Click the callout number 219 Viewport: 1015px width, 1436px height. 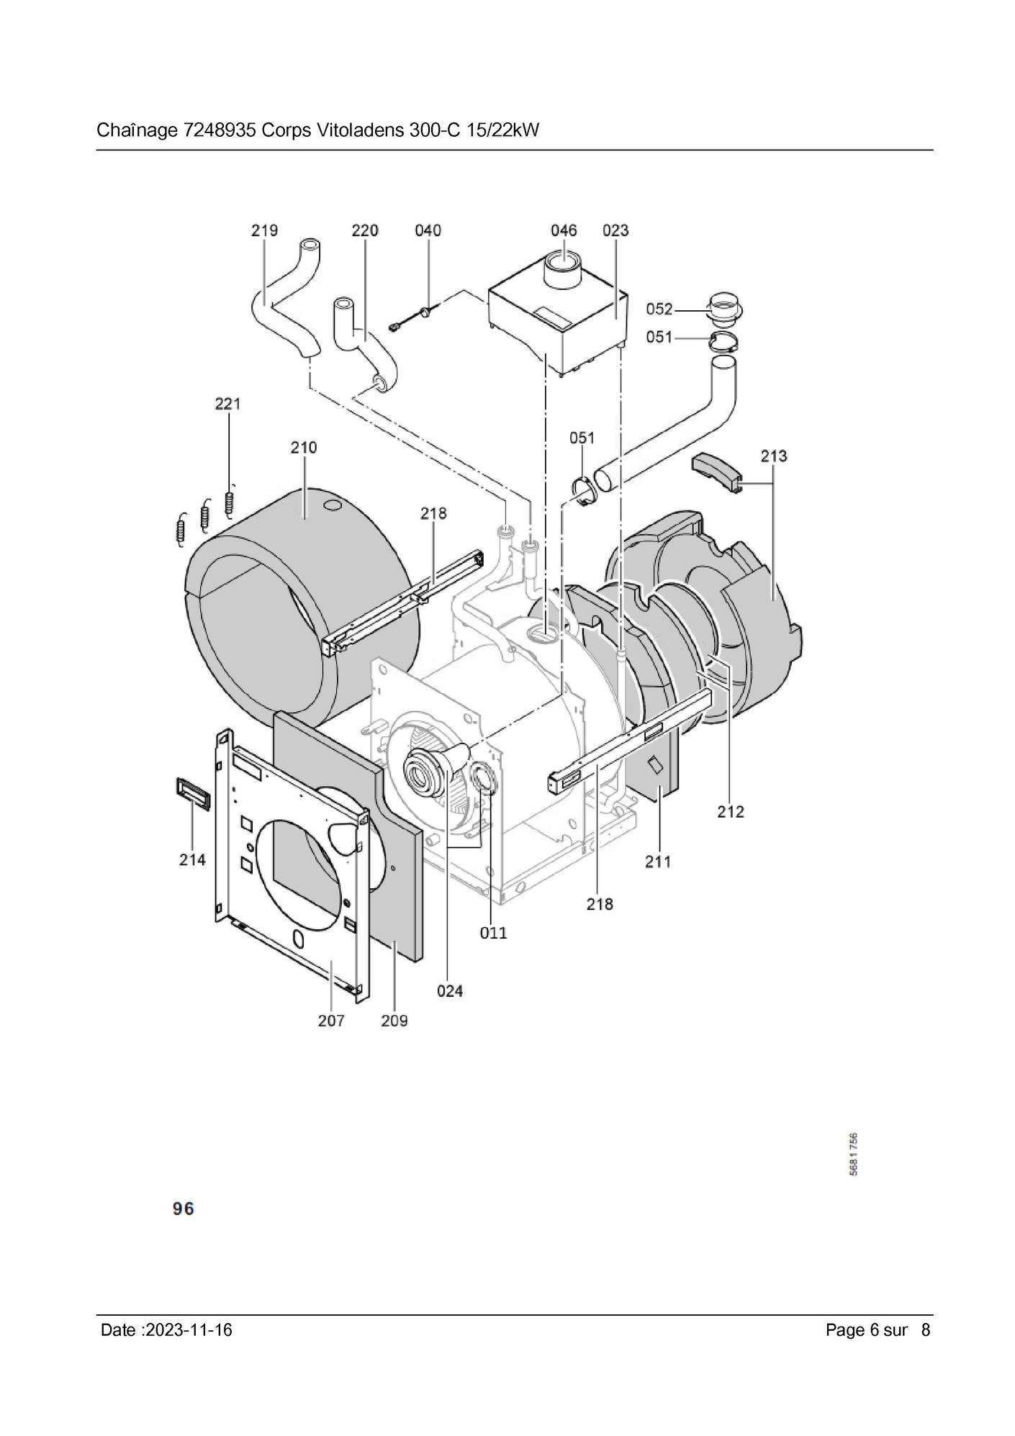tap(264, 230)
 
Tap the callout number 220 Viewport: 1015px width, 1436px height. tap(365, 230)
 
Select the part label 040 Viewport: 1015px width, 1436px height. tap(428, 230)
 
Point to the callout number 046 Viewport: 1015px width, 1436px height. tap(564, 230)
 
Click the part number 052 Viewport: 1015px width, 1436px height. tap(659, 309)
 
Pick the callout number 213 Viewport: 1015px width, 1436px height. tap(774, 456)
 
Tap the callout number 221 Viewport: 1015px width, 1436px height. tap(227, 404)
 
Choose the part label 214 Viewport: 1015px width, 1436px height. tap(192, 859)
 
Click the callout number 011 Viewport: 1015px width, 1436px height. tap(494, 933)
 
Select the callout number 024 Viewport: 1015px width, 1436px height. tap(450, 991)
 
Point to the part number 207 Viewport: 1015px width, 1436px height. tap(331, 1021)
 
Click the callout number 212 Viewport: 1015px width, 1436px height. tap(731, 812)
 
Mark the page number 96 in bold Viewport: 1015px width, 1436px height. tap(184, 1209)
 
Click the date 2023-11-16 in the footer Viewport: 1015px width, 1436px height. tap(189, 1329)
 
